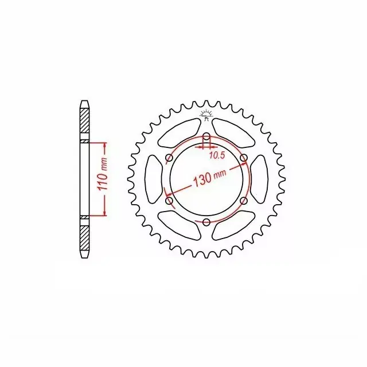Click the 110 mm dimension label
(103, 174)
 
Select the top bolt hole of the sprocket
(206, 136)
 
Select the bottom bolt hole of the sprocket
(206, 222)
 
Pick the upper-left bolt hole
(169, 158)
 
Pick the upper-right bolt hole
(244, 158)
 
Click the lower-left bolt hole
(169, 201)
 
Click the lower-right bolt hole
(244, 201)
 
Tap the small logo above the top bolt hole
(206, 115)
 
